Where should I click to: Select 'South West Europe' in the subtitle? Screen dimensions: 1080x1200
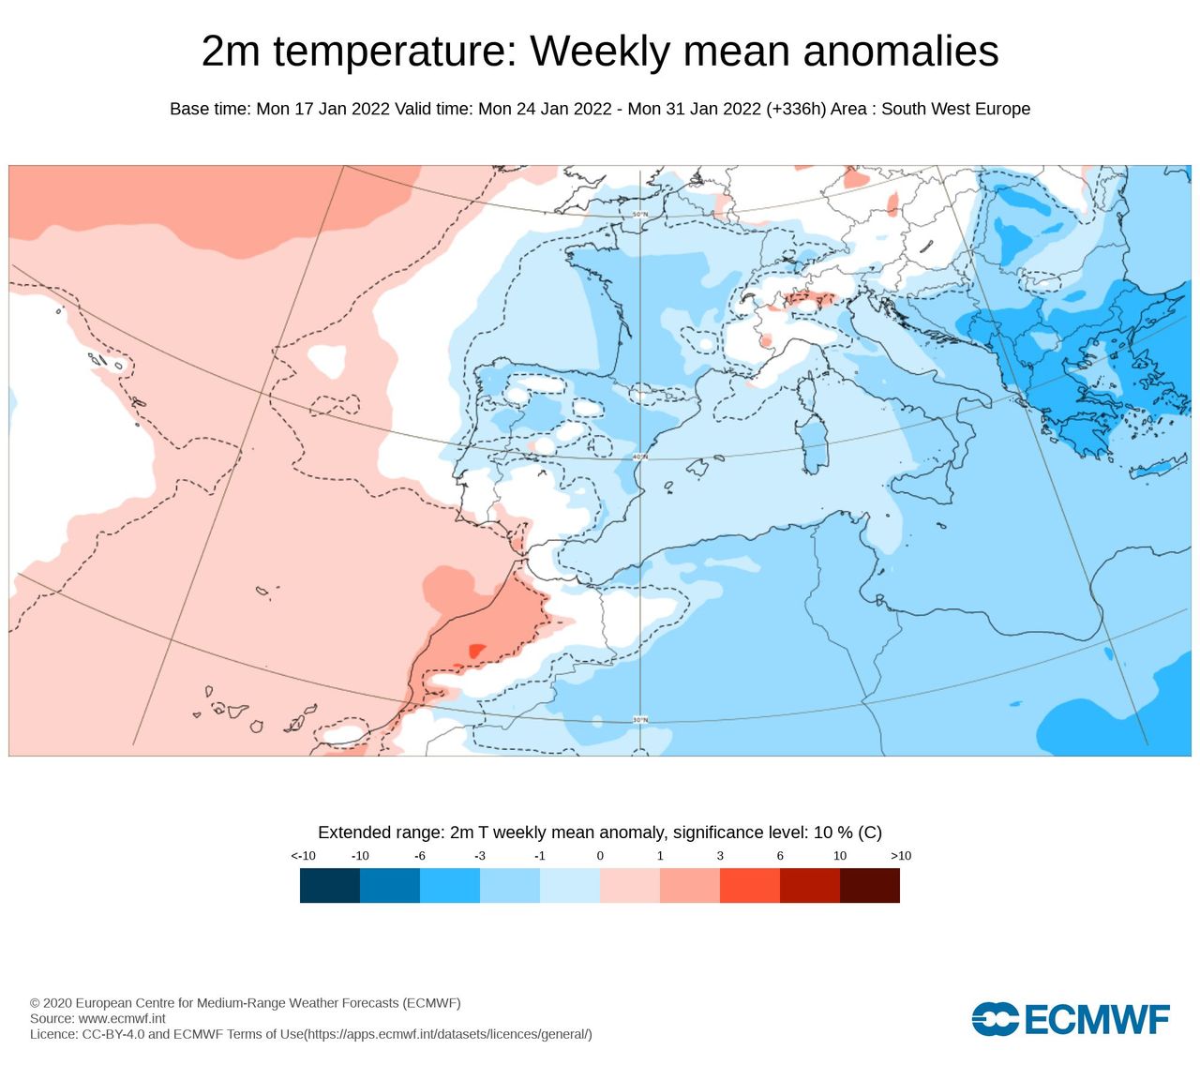[955, 109]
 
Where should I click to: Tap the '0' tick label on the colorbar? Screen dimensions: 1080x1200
[600, 856]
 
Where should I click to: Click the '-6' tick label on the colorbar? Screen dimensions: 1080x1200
[420, 856]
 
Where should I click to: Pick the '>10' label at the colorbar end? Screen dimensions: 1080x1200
[900, 856]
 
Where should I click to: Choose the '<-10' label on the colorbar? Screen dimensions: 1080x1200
[303, 856]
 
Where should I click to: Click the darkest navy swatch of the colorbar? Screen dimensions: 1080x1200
[330, 886]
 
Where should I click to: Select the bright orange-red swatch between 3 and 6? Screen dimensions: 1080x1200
[750, 886]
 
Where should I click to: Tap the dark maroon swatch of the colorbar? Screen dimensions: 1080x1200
[870, 886]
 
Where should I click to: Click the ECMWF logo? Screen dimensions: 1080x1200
[1071, 1019]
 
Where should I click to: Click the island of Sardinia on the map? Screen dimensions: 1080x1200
[813, 445]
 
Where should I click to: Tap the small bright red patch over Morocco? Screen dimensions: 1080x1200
[476, 651]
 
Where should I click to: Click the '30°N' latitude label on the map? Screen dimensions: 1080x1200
[639, 720]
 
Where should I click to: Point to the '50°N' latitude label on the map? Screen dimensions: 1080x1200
[639, 215]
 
